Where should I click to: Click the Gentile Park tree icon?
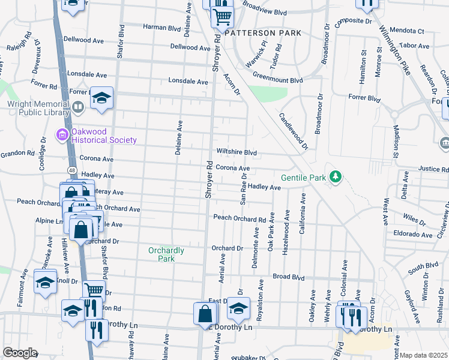click(x=337, y=177)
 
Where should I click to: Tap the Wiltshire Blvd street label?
click(x=237, y=153)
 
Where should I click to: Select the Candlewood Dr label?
click(x=294, y=131)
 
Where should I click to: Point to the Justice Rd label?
click(x=433, y=169)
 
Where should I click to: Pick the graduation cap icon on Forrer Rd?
click(x=102, y=98)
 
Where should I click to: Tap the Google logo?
click(x=20, y=353)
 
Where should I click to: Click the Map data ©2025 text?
click(x=423, y=355)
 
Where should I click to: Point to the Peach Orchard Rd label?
click(x=240, y=220)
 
